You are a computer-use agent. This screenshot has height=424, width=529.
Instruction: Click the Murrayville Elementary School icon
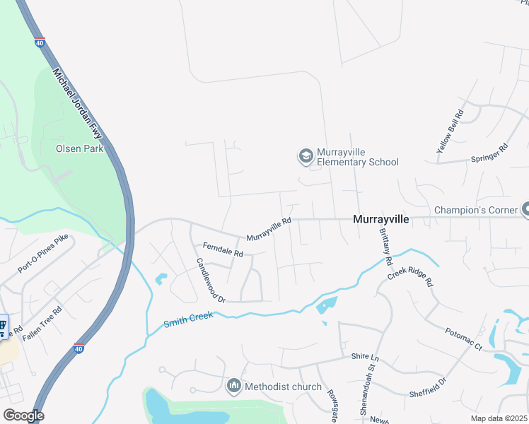pyautogui.click(x=306, y=155)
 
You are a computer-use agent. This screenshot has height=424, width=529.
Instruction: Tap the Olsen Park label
pyautogui.click(x=79, y=148)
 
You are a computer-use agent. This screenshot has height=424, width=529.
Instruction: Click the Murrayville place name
pyautogui.click(x=381, y=220)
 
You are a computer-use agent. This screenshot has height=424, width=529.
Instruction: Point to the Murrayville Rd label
pyautogui.click(x=269, y=230)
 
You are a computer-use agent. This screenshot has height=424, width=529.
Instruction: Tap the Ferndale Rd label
pyautogui.click(x=223, y=249)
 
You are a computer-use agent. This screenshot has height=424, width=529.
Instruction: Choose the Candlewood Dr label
pyautogui.click(x=211, y=280)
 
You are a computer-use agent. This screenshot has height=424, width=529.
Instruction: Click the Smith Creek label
pyautogui.click(x=188, y=319)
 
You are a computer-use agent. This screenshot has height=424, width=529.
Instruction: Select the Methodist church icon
pyautogui.click(x=233, y=387)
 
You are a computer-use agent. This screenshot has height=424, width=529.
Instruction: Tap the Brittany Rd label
pyautogui.click(x=385, y=246)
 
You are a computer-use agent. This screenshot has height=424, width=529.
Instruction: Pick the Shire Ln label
pyautogui.click(x=366, y=358)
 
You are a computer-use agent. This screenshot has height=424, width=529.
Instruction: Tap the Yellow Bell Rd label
pyautogui.click(x=450, y=131)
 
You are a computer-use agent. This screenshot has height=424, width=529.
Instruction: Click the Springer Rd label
pyautogui.click(x=489, y=154)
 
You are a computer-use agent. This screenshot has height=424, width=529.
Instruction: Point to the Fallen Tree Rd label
pyautogui.click(x=42, y=324)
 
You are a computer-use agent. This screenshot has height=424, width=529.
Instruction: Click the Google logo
pyautogui.click(x=23, y=416)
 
